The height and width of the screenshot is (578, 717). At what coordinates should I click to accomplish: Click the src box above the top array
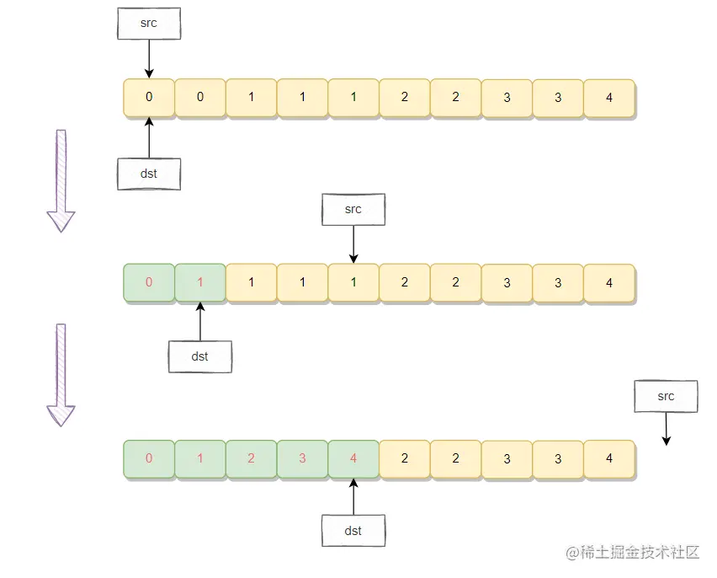(149, 24)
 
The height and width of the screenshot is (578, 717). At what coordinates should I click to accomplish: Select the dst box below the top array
(149, 174)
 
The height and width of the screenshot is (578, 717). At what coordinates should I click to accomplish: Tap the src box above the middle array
(353, 209)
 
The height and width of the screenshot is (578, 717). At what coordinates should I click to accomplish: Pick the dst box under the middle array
(199, 356)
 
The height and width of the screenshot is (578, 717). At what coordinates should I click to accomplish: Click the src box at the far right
(666, 396)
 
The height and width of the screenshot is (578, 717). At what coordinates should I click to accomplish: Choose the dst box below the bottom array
(353, 531)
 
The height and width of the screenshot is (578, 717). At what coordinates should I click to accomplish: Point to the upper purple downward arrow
(61, 180)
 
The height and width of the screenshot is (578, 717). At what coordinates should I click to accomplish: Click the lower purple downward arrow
(61, 374)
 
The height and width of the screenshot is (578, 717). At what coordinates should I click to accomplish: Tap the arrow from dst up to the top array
(149, 137)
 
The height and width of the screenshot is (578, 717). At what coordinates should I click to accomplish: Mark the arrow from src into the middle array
(353, 244)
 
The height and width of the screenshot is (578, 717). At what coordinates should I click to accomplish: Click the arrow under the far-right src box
(666, 429)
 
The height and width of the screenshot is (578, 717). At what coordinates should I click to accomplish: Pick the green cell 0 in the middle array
(149, 282)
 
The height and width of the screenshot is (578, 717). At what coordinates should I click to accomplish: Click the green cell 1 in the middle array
(200, 282)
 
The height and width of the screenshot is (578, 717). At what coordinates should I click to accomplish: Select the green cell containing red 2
(251, 459)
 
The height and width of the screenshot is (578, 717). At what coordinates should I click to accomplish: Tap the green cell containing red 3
(302, 459)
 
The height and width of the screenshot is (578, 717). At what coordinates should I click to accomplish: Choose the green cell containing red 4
(353, 459)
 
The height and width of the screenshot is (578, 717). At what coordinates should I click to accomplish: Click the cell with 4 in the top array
(609, 97)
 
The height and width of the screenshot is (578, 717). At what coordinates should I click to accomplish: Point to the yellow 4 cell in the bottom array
(609, 459)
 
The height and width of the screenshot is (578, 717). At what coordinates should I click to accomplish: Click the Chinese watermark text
(633, 553)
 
